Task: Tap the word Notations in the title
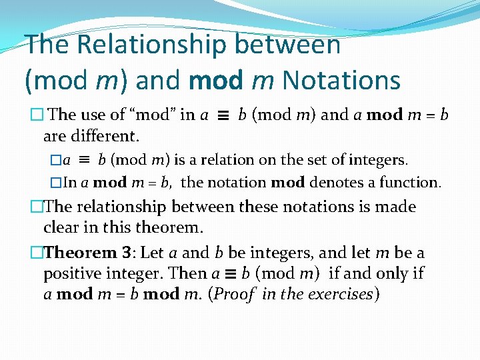pos(341,80)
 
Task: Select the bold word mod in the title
pos(217,80)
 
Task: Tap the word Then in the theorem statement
pos(189,273)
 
